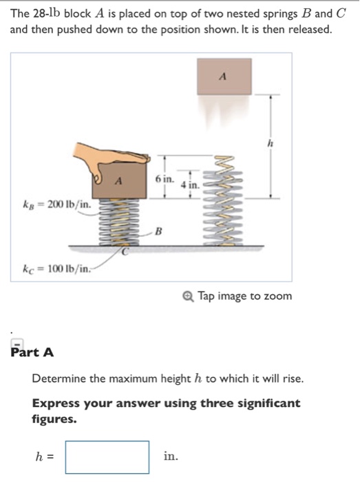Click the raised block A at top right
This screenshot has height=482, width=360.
click(224, 76)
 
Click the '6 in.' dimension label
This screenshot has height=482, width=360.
click(164, 178)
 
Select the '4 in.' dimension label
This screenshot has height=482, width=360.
click(189, 185)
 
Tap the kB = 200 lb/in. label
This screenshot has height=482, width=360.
click(54, 205)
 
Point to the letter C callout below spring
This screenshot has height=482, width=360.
click(125, 252)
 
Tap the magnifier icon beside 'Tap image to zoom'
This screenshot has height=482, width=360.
click(189, 296)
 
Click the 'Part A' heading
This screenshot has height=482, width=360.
click(32, 353)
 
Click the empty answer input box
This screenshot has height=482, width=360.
click(107, 457)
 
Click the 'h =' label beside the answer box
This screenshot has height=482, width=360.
click(45, 457)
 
